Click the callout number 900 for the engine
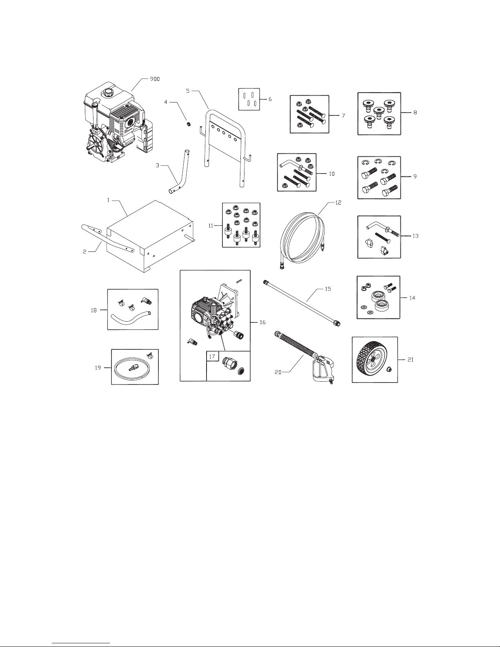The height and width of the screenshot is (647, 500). (x=155, y=79)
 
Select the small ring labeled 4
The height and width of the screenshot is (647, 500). (x=188, y=123)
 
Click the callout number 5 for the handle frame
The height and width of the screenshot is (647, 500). (x=188, y=91)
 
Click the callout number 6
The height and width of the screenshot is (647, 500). (x=270, y=99)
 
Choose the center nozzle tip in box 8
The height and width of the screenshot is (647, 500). (x=379, y=113)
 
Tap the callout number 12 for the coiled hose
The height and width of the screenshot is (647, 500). (x=338, y=202)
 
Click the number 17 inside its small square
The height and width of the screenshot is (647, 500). (x=212, y=356)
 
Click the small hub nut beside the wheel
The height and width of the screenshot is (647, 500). (x=389, y=370)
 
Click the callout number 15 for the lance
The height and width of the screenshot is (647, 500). (x=328, y=289)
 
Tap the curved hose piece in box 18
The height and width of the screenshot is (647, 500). (x=130, y=318)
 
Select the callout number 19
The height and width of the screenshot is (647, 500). (x=98, y=368)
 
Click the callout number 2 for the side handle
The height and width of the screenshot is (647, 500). (x=84, y=252)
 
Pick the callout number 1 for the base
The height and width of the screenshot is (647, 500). (x=108, y=200)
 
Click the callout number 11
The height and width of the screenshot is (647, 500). (x=211, y=226)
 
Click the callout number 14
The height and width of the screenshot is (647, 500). (x=412, y=298)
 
